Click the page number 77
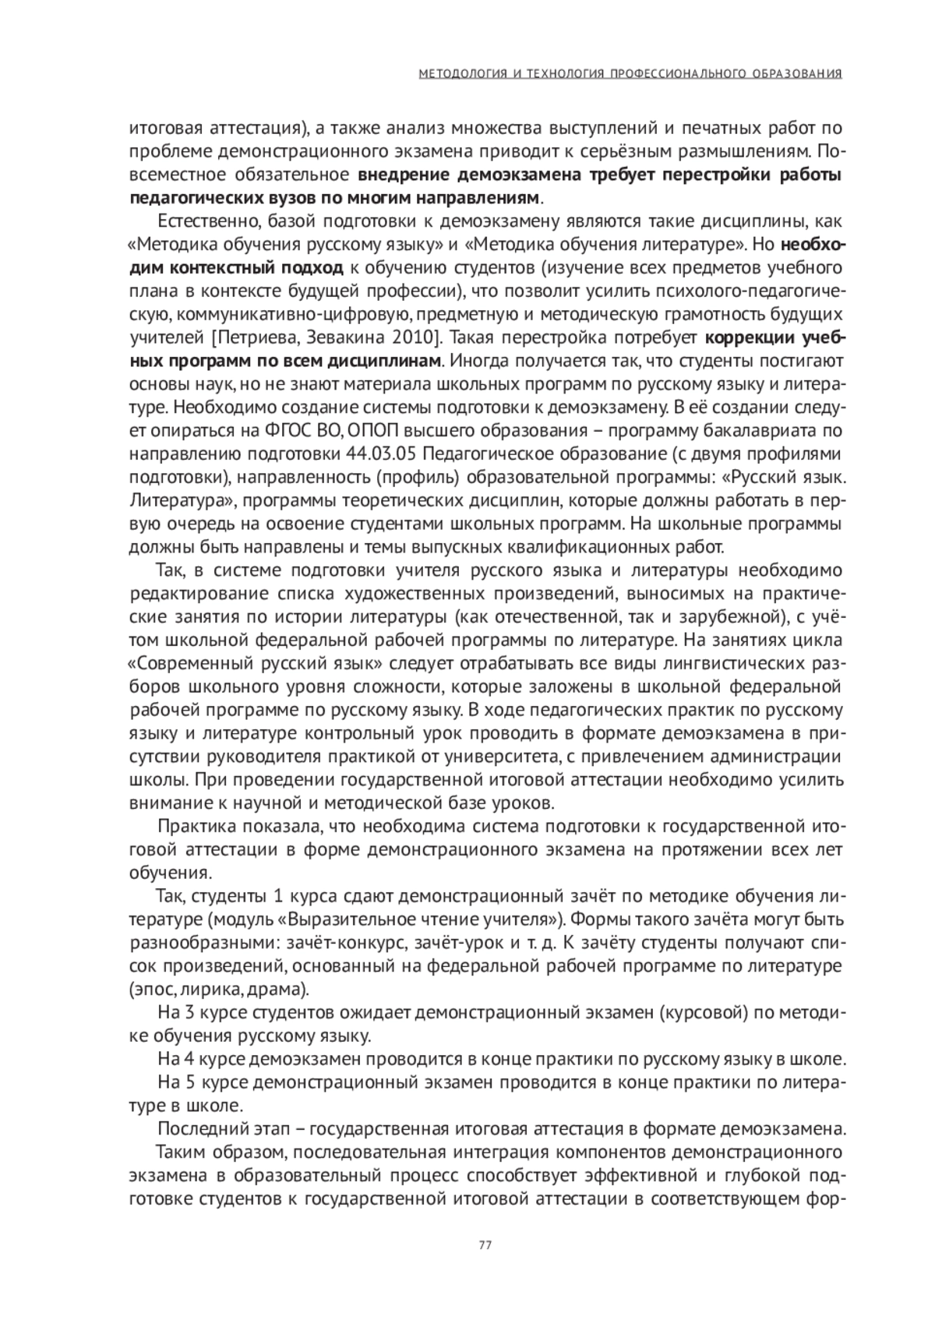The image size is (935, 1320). [x=484, y=1244]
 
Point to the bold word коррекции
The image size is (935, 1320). [x=749, y=338]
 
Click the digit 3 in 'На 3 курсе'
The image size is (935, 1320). [x=187, y=1013]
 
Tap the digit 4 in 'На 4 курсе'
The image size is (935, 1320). [x=187, y=1059]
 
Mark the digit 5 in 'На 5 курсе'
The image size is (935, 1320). [x=187, y=1082]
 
